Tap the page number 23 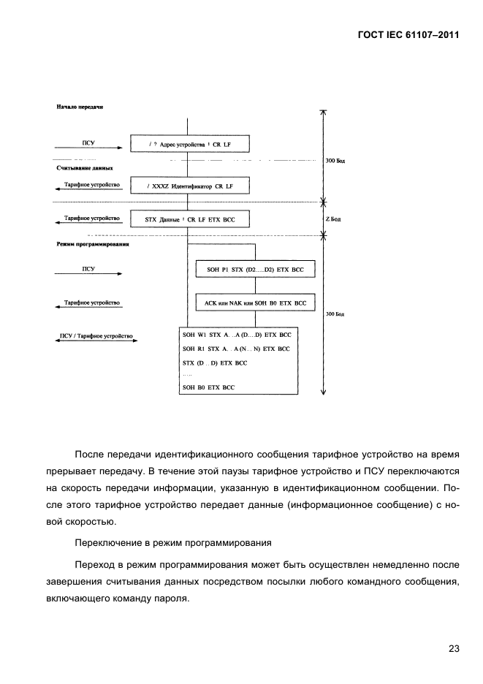(453, 647)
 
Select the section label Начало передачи (80, 107)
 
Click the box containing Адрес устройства (189, 143)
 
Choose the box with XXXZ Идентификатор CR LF (189, 186)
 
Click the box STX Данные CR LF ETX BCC (189, 219)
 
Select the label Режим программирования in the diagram (93, 244)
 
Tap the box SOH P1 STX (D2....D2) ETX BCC (251, 270)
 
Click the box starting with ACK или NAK (251, 303)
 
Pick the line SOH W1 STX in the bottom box (236, 334)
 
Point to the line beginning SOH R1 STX (235, 349)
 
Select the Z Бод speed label (333, 218)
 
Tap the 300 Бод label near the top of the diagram (335, 159)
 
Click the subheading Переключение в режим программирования (173, 543)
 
